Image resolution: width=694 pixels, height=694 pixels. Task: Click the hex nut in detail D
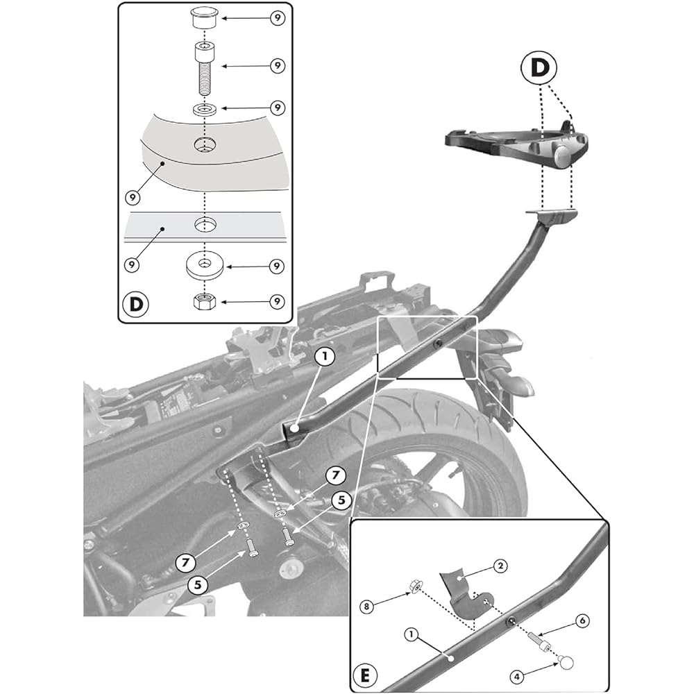click(204, 302)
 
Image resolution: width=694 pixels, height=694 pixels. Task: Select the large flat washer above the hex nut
click(204, 266)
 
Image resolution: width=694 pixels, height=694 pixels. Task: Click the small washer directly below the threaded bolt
click(204, 109)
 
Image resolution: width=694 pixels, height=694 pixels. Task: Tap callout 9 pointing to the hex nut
click(276, 302)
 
